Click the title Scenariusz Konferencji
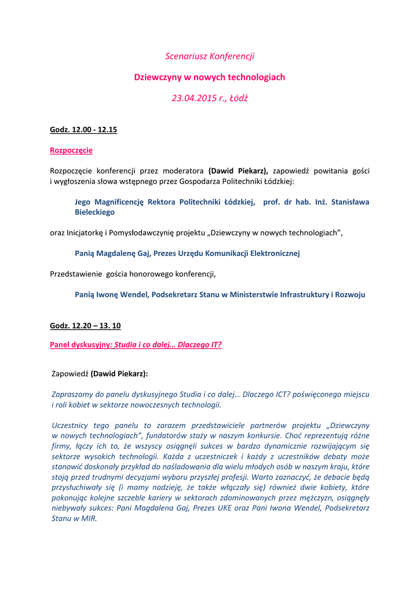point(210,56)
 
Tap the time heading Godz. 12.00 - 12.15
point(83,130)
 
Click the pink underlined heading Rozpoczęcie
point(71,150)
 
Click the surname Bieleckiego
point(94,212)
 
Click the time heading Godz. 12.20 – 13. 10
point(85,325)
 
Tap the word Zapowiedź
point(70,374)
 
